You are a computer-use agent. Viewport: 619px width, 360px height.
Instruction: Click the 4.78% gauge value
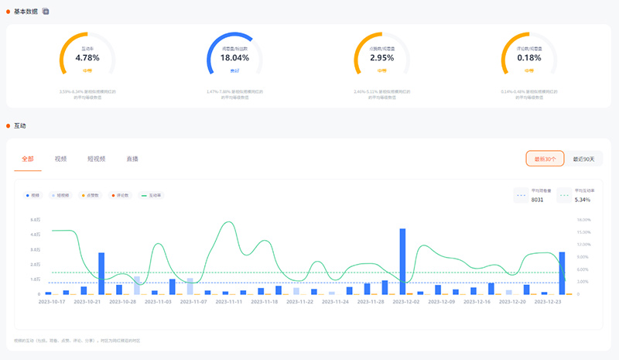(x=87, y=57)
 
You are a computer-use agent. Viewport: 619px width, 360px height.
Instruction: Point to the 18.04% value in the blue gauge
(x=234, y=57)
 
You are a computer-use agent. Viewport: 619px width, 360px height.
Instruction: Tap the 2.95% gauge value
(x=381, y=57)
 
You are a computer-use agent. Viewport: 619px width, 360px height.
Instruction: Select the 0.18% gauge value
(x=528, y=57)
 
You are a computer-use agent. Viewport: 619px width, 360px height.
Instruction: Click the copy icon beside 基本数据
(x=46, y=11)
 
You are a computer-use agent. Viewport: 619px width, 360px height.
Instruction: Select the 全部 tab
(x=28, y=159)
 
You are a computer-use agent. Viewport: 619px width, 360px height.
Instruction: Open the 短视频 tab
(x=96, y=159)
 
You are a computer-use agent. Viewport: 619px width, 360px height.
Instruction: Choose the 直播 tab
(x=132, y=159)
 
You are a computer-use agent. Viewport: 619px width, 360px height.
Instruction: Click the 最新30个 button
(x=545, y=159)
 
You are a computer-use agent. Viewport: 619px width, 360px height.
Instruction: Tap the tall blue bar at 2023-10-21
(x=101, y=273)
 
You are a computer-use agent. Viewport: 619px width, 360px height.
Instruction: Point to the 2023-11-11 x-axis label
(x=228, y=302)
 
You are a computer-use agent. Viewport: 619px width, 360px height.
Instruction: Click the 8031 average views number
(x=537, y=200)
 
